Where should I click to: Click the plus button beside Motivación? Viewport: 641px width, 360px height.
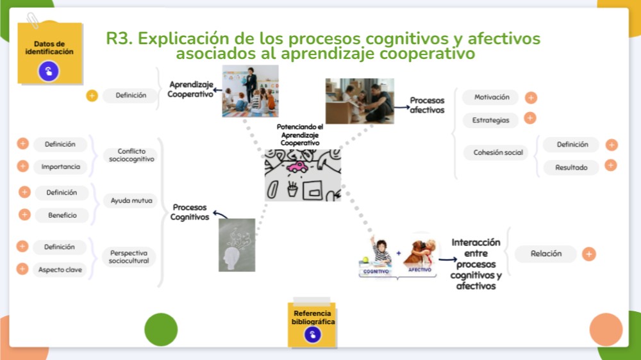pyautogui.click(x=531, y=98)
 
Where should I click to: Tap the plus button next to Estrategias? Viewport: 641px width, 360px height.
pyautogui.click(x=529, y=119)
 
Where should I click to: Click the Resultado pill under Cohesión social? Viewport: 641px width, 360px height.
pyautogui.click(x=570, y=167)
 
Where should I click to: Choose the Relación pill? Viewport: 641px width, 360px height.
pyautogui.click(x=545, y=254)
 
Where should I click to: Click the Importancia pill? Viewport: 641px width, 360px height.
pyautogui.click(x=60, y=167)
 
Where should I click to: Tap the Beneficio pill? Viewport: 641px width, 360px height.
pyautogui.click(x=62, y=215)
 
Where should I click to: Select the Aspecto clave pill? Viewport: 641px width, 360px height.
pyautogui.click(x=60, y=270)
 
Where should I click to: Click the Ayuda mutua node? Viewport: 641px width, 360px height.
pyautogui.click(x=131, y=200)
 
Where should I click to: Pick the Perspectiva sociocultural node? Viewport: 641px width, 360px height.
pyautogui.click(x=129, y=257)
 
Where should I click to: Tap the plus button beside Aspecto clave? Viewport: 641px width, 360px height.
pyautogui.click(x=22, y=269)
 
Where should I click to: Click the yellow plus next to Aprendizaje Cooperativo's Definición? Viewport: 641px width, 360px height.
pyautogui.click(x=92, y=96)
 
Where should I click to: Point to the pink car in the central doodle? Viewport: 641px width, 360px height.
pyautogui.click(x=297, y=167)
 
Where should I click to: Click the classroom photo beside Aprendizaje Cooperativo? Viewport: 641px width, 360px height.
pyautogui.click(x=250, y=91)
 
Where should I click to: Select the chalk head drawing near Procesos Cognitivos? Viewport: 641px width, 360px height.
pyautogui.click(x=237, y=245)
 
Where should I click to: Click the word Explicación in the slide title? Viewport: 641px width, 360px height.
pyautogui.click(x=193, y=38)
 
